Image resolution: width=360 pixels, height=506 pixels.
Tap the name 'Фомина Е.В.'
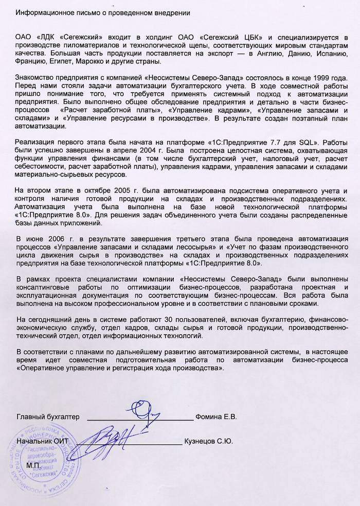point(216,417)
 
